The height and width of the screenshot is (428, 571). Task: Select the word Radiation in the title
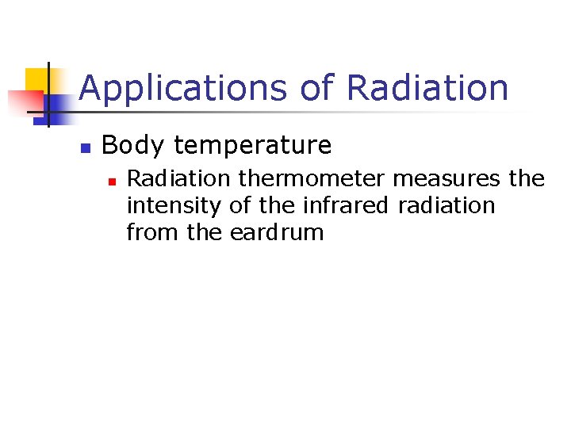(427, 88)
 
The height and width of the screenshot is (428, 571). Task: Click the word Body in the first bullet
(132, 145)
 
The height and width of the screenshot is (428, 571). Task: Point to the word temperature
(252, 146)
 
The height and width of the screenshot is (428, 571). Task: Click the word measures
(448, 179)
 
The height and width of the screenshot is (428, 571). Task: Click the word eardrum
(278, 233)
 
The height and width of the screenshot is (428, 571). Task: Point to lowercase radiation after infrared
(446, 206)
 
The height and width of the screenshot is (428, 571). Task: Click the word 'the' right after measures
(527, 179)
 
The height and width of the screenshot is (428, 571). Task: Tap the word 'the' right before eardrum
(206, 233)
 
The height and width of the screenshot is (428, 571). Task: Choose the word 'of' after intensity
(240, 206)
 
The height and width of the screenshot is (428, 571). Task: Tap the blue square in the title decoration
(57, 106)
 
